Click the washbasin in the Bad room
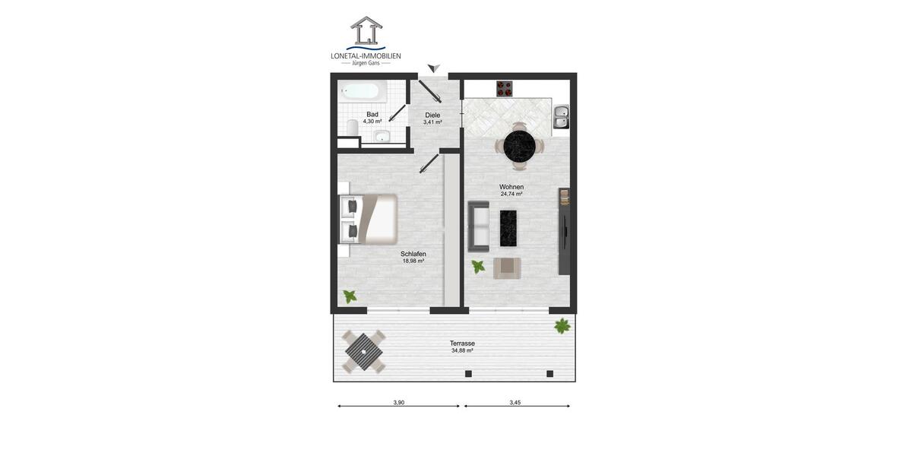[382, 137]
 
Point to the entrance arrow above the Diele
[433, 69]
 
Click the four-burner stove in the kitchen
[506, 88]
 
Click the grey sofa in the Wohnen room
[479, 225]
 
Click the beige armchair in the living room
[507, 268]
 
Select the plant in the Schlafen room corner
[350, 296]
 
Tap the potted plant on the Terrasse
[562, 327]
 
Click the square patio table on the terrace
[363, 353]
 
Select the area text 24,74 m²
[511, 195]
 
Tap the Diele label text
[432, 115]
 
